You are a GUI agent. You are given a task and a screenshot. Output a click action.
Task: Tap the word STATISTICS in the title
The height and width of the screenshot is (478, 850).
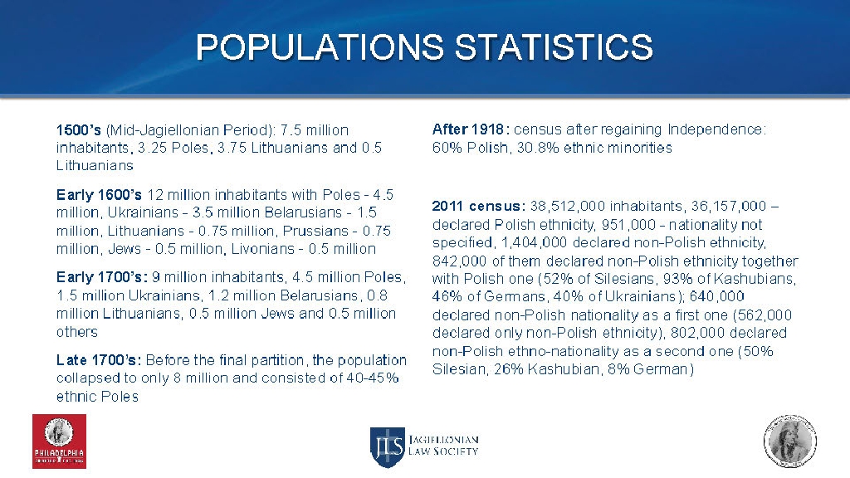[x=554, y=47]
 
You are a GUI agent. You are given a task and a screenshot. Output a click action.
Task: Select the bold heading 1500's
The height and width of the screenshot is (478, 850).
[x=78, y=130]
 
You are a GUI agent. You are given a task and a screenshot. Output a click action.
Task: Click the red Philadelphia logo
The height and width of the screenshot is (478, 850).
[x=59, y=441]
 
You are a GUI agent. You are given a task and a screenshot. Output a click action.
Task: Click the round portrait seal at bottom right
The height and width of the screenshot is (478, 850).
[x=789, y=439]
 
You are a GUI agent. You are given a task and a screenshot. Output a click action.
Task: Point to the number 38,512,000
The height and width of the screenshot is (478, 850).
[x=568, y=206]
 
